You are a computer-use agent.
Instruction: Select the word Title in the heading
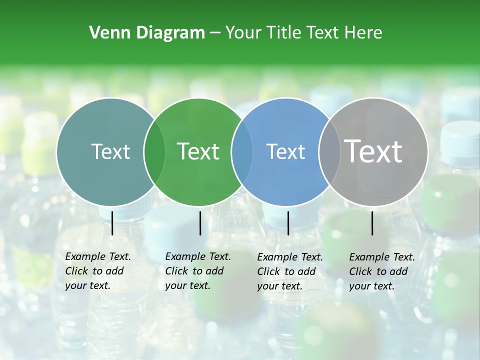pyautogui.click(x=285, y=33)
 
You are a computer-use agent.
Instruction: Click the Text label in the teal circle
pyautogui.click(x=110, y=151)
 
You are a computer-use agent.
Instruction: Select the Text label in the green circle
pyautogui.click(x=198, y=151)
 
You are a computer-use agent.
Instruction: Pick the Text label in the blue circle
pyautogui.click(x=285, y=151)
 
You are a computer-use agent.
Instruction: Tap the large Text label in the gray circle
pyautogui.click(x=373, y=151)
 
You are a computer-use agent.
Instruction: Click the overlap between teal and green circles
pyautogui.click(x=154, y=151)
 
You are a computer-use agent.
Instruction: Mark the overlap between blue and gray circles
pyautogui.click(x=329, y=151)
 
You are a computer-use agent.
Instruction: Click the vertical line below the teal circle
pyautogui.click(x=112, y=223)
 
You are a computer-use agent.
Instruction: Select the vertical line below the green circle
pyautogui.click(x=200, y=223)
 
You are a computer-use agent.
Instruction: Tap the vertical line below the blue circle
pyautogui.click(x=288, y=223)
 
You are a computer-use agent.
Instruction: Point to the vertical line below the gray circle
pyautogui.click(x=372, y=223)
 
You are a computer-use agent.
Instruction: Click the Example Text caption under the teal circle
pyautogui.click(x=98, y=271)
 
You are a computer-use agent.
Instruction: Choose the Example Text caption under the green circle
pyautogui.click(x=198, y=271)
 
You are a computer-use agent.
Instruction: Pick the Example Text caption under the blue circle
pyautogui.click(x=290, y=271)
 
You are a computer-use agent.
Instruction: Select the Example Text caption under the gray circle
pyautogui.click(x=382, y=271)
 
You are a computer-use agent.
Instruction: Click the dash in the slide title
pyautogui.click(x=215, y=33)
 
